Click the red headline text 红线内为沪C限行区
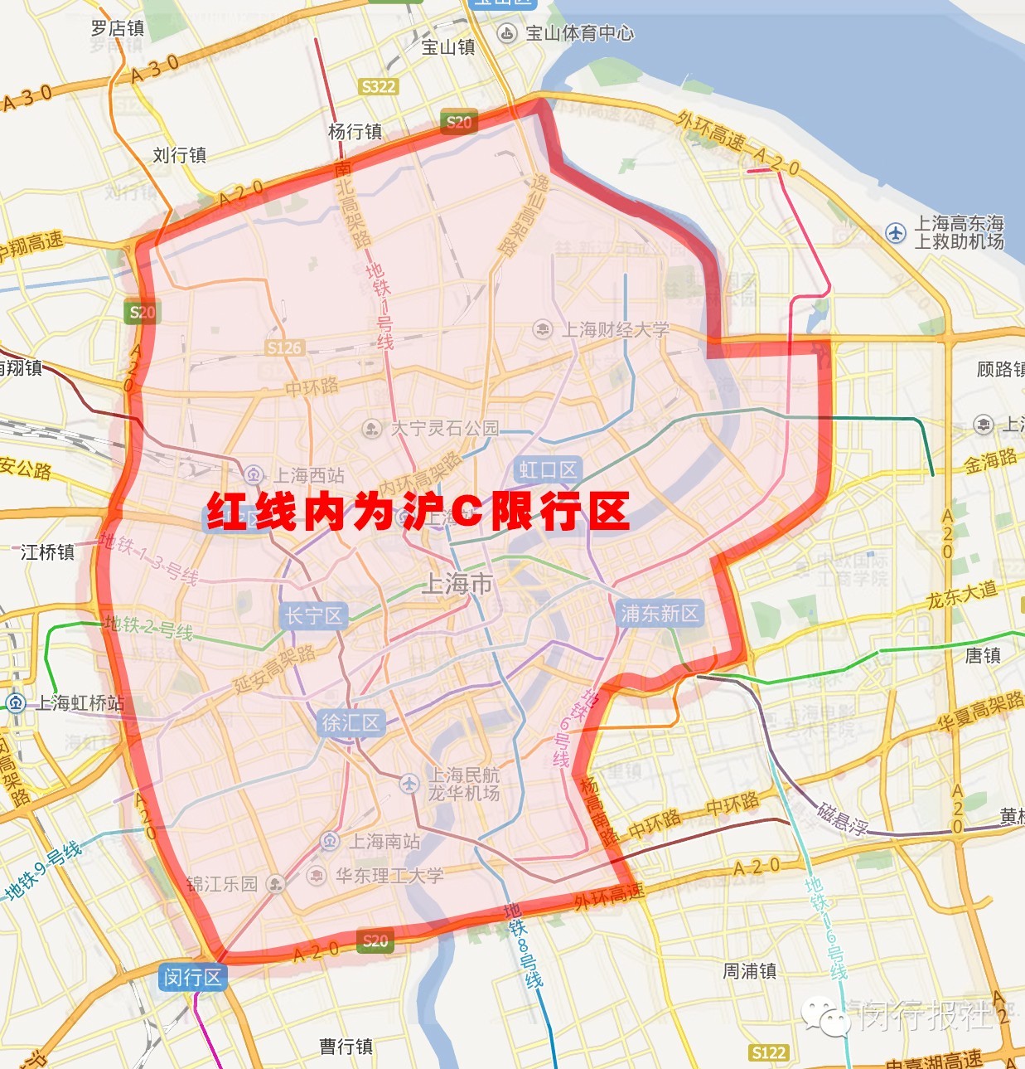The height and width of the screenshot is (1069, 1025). pyautogui.click(x=418, y=512)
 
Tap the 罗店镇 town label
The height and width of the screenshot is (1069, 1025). pyautogui.click(x=118, y=28)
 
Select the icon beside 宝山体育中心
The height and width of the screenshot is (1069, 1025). pyautogui.click(x=506, y=33)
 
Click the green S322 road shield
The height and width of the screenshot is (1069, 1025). pyautogui.click(x=379, y=86)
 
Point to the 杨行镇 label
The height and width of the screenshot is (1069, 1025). pyautogui.click(x=355, y=131)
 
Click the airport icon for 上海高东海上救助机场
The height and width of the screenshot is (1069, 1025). pyautogui.click(x=896, y=233)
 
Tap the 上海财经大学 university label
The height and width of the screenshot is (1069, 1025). pyautogui.click(x=615, y=329)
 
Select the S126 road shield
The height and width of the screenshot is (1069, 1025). pyautogui.click(x=284, y=347)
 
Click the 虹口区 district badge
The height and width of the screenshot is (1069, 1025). pyautogui.click(x=548, y=470)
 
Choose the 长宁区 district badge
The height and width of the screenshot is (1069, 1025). pyautogui.click(x=313, y=615)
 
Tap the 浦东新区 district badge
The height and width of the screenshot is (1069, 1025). pyautogui.click(x=660, y=613)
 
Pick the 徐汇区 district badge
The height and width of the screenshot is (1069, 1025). pyautogui.click(x=351, y=723)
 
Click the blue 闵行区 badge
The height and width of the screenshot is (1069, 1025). pyautogui.click(x=192, y=977)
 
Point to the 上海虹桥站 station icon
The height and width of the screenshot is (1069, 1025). pyautogui.click(x=15, y=703)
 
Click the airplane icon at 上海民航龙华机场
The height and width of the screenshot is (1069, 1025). pyautogui.click(x=409, y=783)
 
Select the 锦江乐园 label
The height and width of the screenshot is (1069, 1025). pyautogui.click(x=221, y=884)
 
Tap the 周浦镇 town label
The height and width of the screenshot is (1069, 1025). pyautogui.click(x=749, y=970)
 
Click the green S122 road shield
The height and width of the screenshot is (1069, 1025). pyautogui.click(x=768, y=1052)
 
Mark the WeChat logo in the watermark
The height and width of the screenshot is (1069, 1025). pyautogui.click(x=825, y=1015)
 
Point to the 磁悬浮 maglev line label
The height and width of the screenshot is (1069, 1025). pyautogui.click(x=842, y=818)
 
